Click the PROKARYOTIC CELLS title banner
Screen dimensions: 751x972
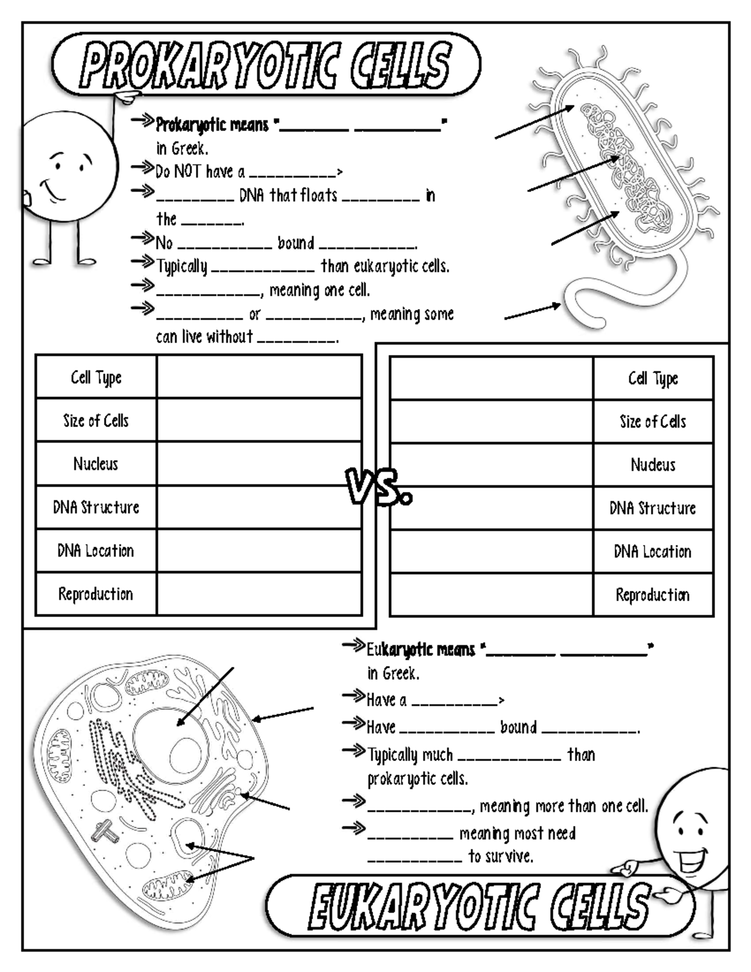click(x=266, y=64)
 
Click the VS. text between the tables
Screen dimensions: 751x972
click(x=379, y=488)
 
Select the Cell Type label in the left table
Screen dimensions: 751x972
click(x=96, y=377)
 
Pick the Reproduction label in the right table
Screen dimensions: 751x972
click(x=653, y=595)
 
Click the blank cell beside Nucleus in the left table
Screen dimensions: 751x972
click(x=259, y=464)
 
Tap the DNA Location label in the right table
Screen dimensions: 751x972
click(x=653, y=551)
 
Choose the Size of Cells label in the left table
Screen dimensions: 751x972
click(x=96, y=421)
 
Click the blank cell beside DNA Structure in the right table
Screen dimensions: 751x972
click(x=491, y=508)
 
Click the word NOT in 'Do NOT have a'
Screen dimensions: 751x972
click(x=188, y=171)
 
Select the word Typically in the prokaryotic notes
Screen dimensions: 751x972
click(x=181, y=267)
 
